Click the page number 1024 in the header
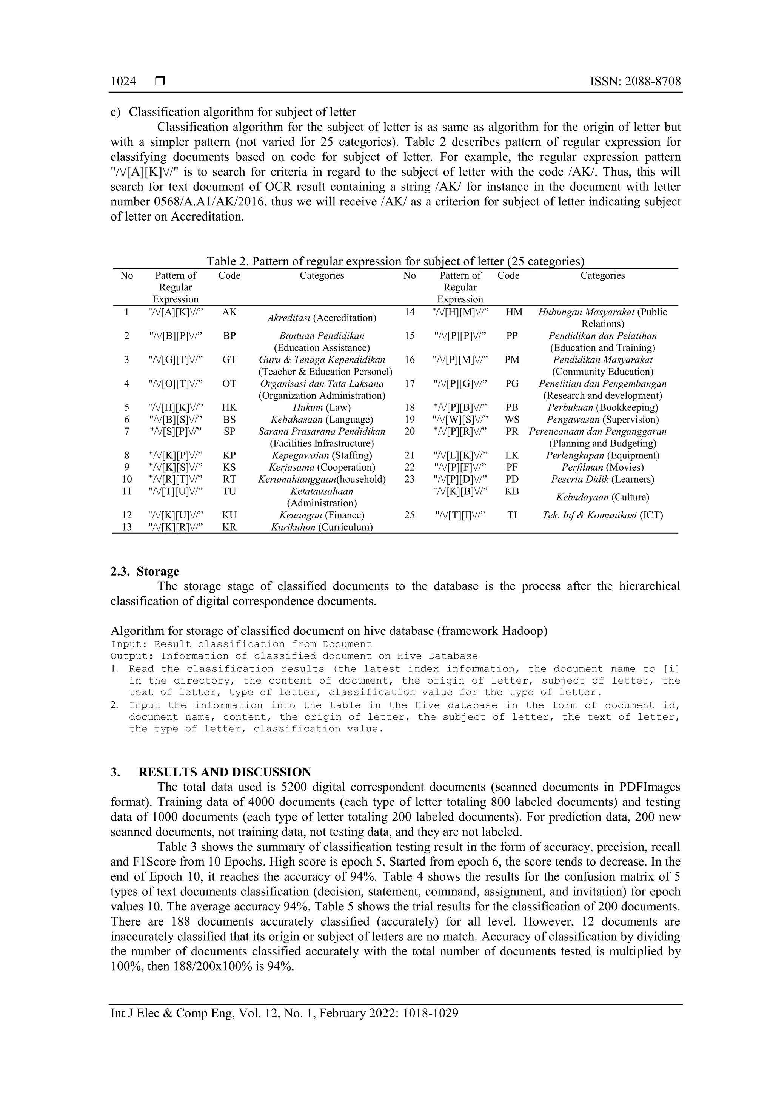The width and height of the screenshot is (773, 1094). click(123, 82)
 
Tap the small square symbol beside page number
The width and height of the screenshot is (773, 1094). click(160, 82)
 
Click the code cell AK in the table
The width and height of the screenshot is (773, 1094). click(229, 312)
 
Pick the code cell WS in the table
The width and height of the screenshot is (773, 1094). click(512, 420)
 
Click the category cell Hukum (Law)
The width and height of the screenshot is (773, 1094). click(322, 408)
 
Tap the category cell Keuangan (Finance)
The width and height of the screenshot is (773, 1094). click(322, 515)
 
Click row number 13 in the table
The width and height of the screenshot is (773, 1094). click(127, 527)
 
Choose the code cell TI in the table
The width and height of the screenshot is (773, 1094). click(512, 515)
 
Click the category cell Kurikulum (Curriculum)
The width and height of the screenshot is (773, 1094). click(322, 527)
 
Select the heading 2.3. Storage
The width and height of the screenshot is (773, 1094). click(145, 571)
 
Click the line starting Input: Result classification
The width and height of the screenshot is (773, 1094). click(241, 645)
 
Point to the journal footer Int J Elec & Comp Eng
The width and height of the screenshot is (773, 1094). click(284, 1013)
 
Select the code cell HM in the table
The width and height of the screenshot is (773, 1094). click(514, 312)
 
